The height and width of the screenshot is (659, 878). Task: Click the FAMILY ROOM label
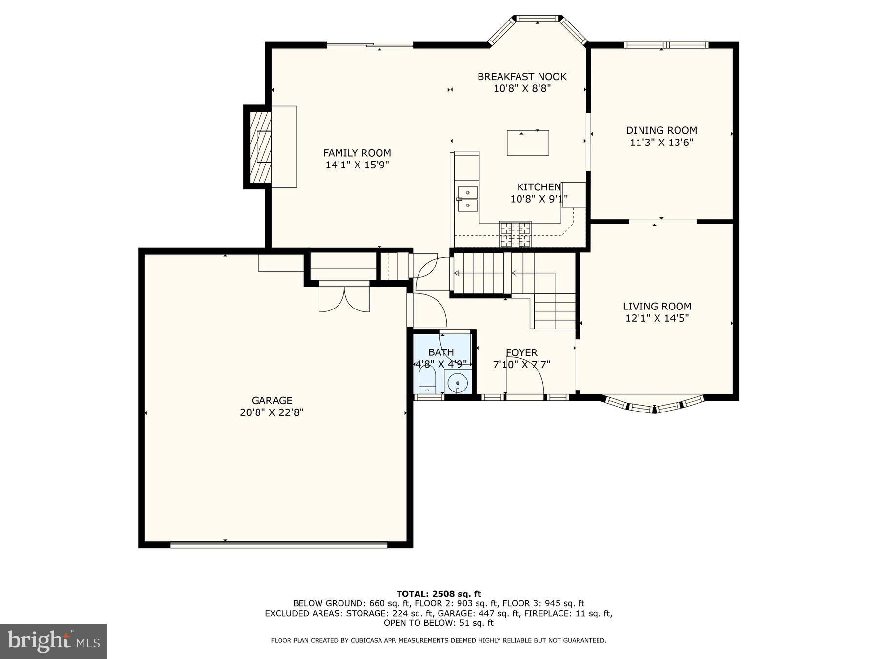pyautogui.click(x=357, y=153)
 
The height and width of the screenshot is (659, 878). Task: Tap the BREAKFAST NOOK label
pyautogui.click(x=521, y=77)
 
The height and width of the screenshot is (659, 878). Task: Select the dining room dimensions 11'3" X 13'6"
pyautogui.click(x=661, y=143)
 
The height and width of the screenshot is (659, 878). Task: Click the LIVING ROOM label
pyautogui.click(x=657, y=306)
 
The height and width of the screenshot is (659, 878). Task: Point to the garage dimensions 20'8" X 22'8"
pyautogui.click(x=272, y=412)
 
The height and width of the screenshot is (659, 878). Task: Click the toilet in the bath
pyautogui.click(x=427, y=380)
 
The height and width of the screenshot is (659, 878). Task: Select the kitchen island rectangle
pyautogui.click(x=528, y=143)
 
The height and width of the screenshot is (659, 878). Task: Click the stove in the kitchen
pyautogui.click(x=515, y=234)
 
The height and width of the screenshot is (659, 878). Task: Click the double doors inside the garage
pyautogui.click(x=344, y=299)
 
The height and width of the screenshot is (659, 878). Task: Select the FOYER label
pyautogui.click(x=521, y=352)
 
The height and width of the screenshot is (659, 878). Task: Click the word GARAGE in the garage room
pyautogui.click(x=272, y=401)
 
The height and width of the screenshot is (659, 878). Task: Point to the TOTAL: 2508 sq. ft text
pyautogui.click(x=439, y=594)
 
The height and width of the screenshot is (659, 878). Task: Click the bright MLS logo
pyautogui.click(x=53, y=641)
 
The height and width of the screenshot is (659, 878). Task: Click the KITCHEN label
pyautogui.click(x=539, y=187)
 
